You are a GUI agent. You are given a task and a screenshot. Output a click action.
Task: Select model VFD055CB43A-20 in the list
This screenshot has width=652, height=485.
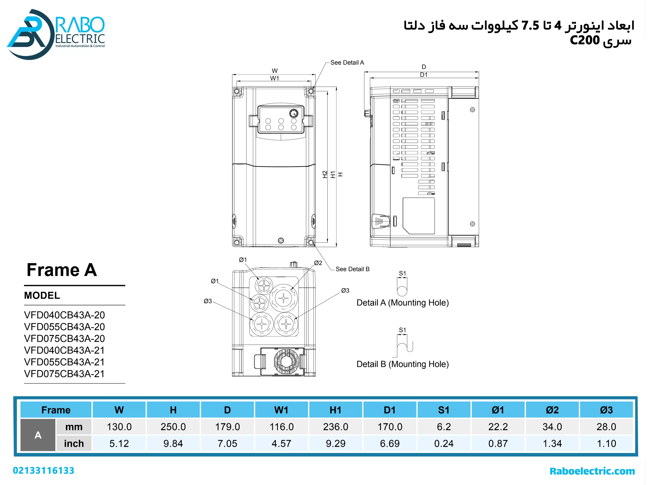[x=64, y=327]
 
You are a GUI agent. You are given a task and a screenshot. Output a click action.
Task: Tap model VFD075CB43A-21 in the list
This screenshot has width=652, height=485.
[x=64, y=374]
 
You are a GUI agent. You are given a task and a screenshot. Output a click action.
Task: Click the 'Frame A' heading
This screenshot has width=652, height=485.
[x=62, y=270]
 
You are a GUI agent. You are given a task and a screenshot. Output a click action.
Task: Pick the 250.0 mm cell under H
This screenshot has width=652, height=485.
[x=173, y=427]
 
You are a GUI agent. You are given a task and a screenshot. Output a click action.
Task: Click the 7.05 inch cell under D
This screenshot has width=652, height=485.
[x=227, y=443]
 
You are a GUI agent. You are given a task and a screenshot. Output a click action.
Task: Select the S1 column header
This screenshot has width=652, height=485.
[x=444, y=410]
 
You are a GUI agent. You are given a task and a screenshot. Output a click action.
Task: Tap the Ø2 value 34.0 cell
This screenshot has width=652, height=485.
[x=552, y=427]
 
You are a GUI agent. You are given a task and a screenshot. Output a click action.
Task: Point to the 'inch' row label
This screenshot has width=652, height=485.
[x=74, y=443]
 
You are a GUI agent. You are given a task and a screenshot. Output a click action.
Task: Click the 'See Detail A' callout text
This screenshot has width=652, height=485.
[x=347, y=62]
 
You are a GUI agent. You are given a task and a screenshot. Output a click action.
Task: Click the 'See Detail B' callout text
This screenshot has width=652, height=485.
[x=352, y=269]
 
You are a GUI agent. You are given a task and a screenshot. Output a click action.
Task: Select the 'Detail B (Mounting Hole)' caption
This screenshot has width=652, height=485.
[x=402, y=364]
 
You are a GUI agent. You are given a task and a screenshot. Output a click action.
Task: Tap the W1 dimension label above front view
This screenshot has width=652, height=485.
[x=275, y=78]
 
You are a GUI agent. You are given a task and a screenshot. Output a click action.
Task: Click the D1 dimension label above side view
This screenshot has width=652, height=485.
[x=424, y=75]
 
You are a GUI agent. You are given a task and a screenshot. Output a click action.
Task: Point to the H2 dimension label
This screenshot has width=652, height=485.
[x=325, y=174]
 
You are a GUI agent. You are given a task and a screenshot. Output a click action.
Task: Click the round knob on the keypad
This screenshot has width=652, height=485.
[x=294, y=113]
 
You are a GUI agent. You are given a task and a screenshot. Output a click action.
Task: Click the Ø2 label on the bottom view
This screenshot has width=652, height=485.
[x=318, y=263]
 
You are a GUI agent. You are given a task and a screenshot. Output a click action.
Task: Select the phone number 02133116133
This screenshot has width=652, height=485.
[x=44, y=471]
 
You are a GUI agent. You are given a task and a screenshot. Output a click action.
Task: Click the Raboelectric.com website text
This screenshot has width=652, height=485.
[x=592, y=471]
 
